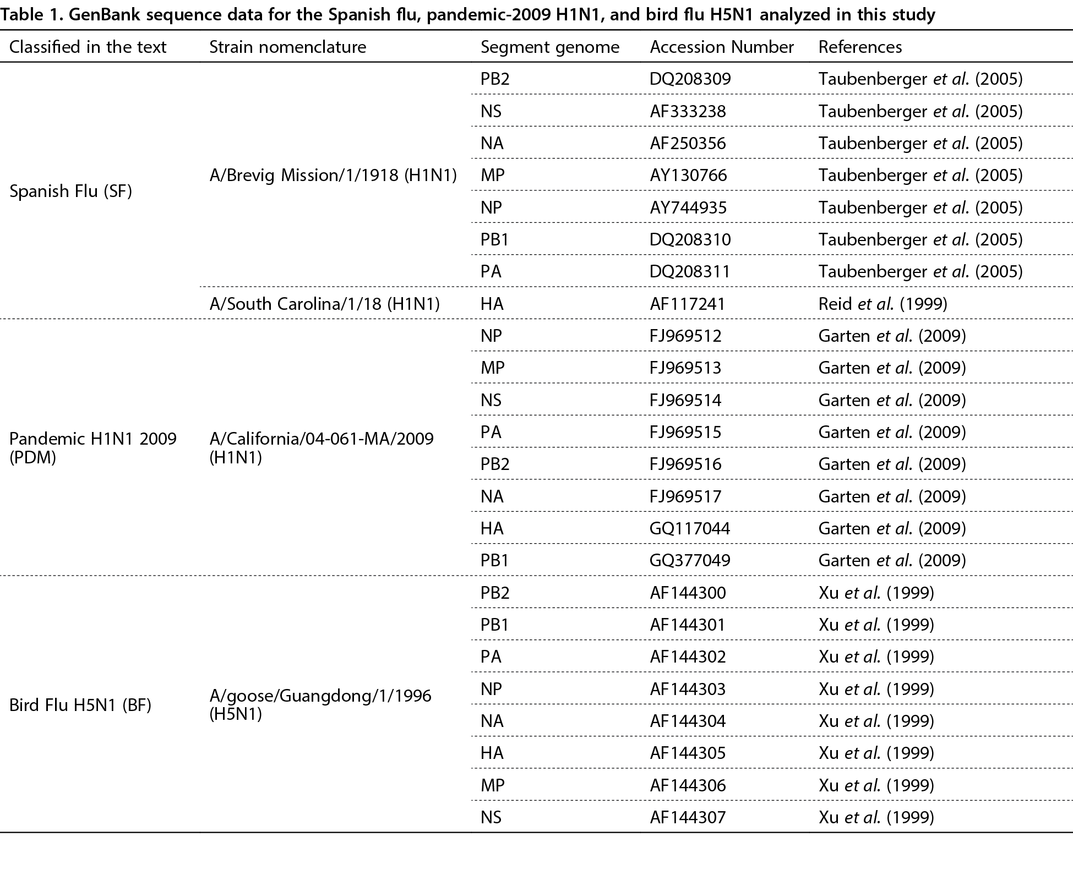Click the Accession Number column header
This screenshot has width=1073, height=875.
pos(722,47)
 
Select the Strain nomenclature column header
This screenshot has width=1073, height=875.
pos(288,47)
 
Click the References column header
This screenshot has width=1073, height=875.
pos(860,47)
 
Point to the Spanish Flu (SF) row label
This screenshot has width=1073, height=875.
pos(71,192)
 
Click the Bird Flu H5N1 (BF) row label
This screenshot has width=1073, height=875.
pos(80,705)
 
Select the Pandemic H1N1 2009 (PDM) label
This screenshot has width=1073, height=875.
pos(93,448)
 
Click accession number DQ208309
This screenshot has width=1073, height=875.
pos(690,79)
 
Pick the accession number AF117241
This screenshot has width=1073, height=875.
pos(688,304)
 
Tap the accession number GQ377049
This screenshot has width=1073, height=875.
pos(690,560)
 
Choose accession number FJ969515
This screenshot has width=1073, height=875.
pos(685,432)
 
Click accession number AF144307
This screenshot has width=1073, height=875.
pos(688,817)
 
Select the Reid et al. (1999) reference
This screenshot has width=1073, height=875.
pos(883,304)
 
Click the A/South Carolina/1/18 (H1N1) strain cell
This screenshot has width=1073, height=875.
pos(325,304)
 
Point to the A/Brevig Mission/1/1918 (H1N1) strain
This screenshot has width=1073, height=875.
pos(334,176)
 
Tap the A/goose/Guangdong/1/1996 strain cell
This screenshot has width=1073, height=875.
pos(320,705)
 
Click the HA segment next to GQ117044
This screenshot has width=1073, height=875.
pos(492,528)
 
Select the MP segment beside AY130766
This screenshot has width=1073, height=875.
pos(493,176)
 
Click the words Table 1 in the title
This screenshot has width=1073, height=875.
pos(32,14)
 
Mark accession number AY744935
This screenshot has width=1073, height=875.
pos(688,207)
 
